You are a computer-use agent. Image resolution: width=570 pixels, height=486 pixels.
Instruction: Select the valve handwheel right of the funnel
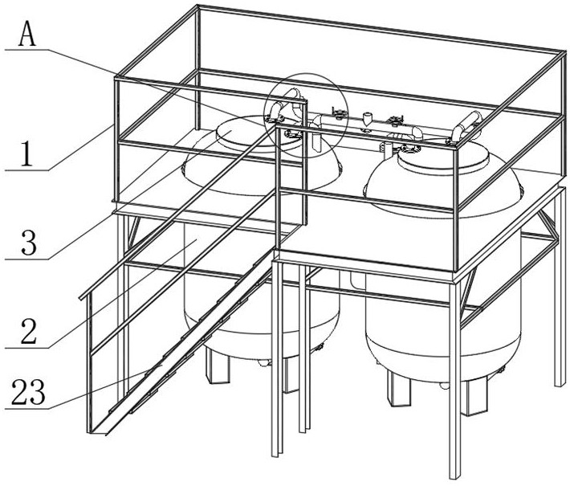click(x=393, y=122)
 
